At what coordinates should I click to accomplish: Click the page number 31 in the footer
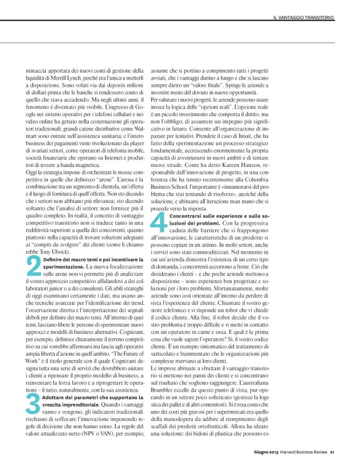(332, 451)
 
